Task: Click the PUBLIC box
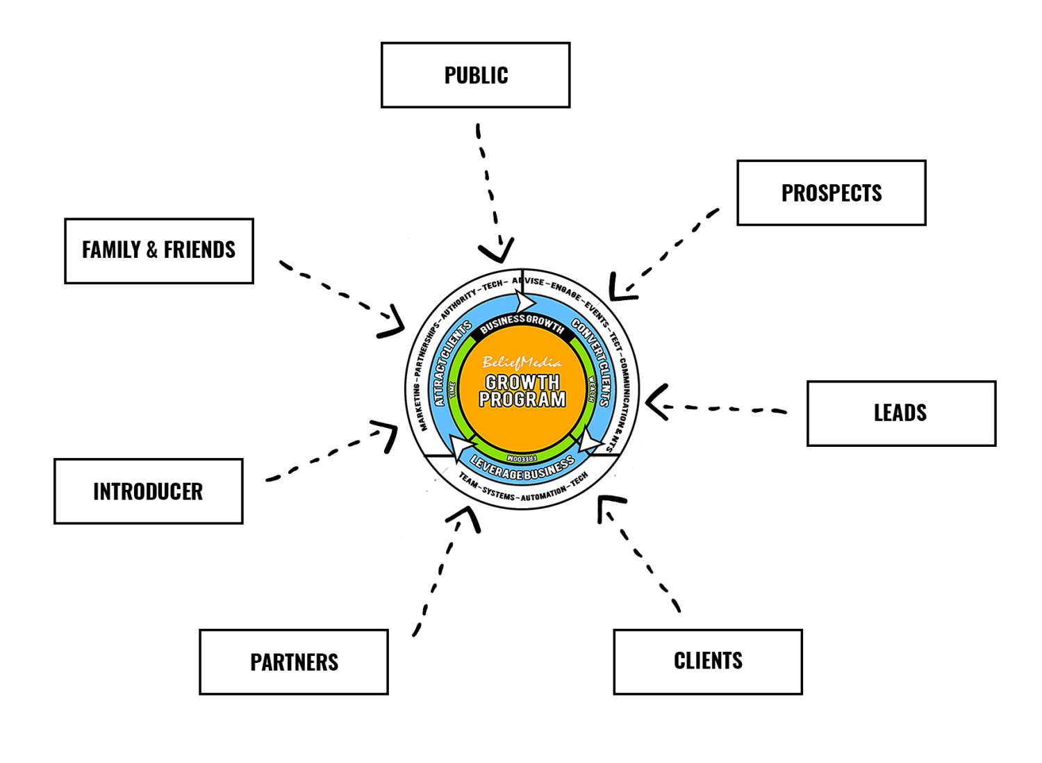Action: coord(475,75)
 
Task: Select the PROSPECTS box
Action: coord(831,193)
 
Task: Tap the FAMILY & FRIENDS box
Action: coord(158,251)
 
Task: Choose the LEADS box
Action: coord(901,413)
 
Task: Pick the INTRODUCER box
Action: coord(148,491)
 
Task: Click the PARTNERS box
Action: coord(293,662)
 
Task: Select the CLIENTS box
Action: coord(707,662)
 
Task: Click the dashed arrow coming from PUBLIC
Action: coord(489,188)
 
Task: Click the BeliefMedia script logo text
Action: coord(522,362)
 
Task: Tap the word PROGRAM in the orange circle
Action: coord(522,400)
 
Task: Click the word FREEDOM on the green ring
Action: coord(522,458)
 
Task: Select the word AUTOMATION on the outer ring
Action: coord(543,494)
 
